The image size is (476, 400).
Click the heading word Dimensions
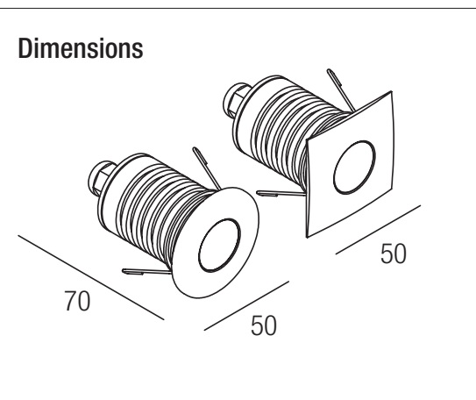(x=81, y=48)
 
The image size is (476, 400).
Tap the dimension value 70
(x=77, y=301)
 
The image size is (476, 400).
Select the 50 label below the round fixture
(x=264, y=325)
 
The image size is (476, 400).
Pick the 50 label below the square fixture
(x=393, y=254)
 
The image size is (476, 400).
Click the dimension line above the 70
(x=91, y=277)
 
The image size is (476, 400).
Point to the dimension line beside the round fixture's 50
(x=246, y=306)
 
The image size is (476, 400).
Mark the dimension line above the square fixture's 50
(x=378, y=230)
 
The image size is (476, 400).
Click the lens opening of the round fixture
(x=219, y=245)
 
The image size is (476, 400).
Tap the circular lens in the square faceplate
(x=354, y=168)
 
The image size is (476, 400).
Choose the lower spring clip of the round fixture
(x=146, y=272)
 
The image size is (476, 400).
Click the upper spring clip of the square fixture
(x=340, y=89)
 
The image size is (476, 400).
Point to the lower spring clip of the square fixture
(x=281, y=194)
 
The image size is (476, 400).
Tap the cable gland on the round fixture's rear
(x=100, y=178)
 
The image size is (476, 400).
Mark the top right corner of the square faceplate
(x=391, y=91)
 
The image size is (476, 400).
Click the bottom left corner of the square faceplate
(x=307, y=237)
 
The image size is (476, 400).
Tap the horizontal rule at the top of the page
(x=238, y=8)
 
